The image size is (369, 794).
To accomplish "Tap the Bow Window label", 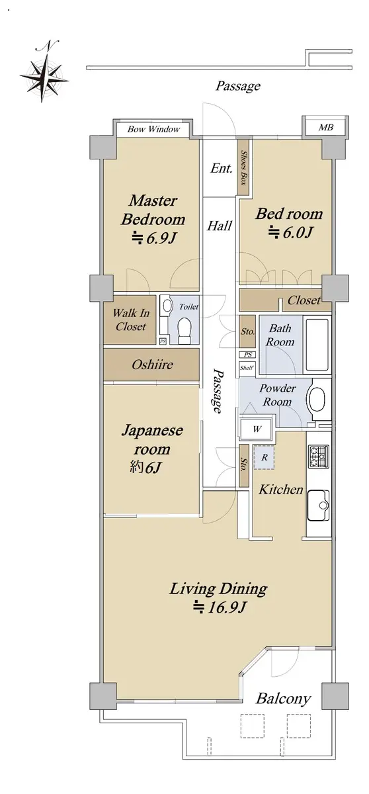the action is point(153,129).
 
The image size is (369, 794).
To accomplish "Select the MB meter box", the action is point(325,127).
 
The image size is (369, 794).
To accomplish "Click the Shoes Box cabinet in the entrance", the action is point(243,167).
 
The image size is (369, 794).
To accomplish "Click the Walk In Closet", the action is point(130,320).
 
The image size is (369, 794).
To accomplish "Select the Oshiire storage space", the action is point(151,365).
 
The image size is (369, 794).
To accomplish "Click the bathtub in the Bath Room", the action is point(317,344).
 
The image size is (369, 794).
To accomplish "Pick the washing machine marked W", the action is point(256,429).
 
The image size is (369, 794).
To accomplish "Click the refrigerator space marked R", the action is point(264,458).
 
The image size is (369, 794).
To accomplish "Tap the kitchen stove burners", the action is point(318,456).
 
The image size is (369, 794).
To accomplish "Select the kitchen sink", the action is point(318,505).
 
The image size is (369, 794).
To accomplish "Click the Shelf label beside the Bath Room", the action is point(246,368).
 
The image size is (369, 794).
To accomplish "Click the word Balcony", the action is point(283,699).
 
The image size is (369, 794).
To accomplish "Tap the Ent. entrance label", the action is point(222,168).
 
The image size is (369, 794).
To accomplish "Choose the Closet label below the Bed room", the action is point(304,300).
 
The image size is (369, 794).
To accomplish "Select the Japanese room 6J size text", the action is point(145,468).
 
